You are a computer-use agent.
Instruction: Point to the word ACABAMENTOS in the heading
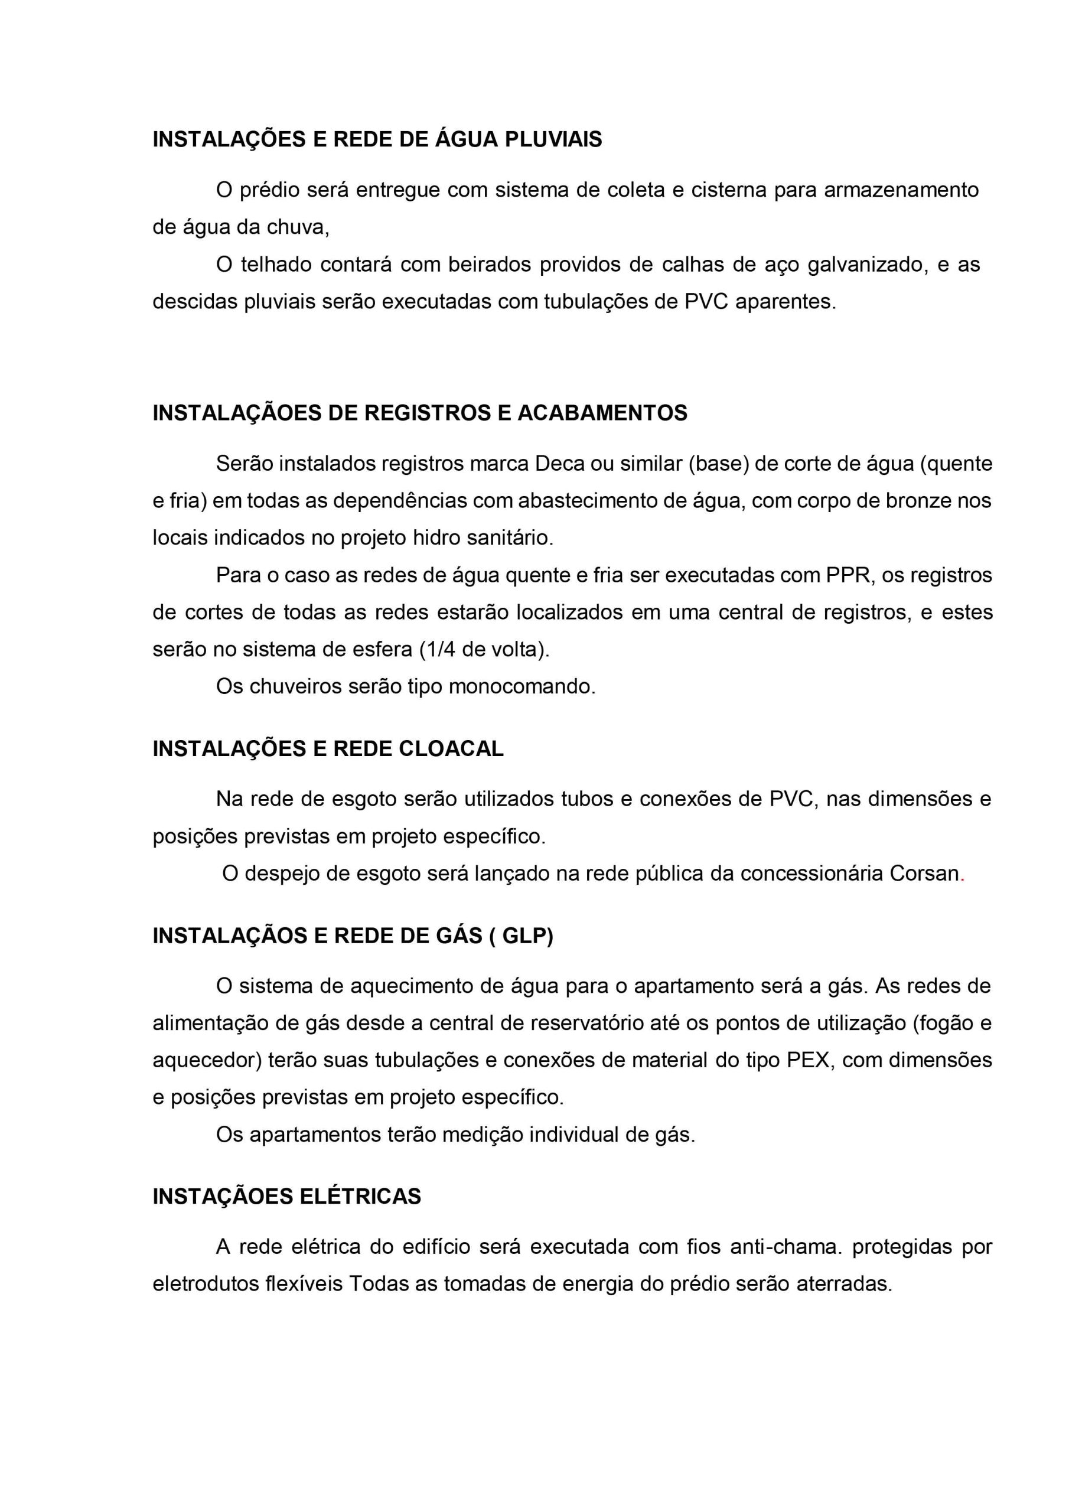[x=602, y=413]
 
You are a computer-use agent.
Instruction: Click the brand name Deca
[x=559, y=464]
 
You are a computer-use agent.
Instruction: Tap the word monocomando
[x=522, y=687]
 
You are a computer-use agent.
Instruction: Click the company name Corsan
[x=924, y=874]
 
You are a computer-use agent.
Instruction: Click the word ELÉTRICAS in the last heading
[x=360, y=1197]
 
